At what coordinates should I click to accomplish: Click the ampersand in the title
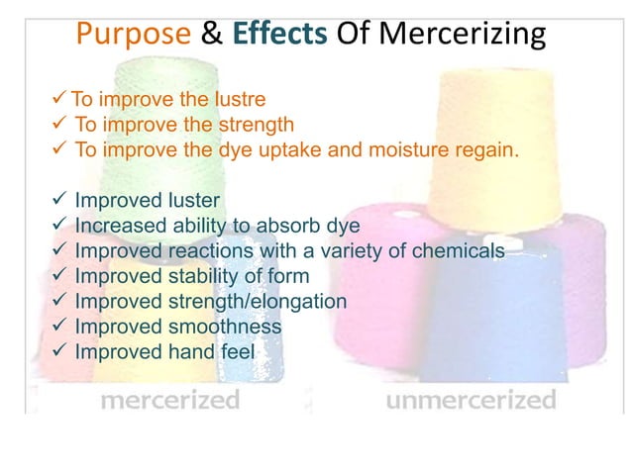click(x=212, y=36)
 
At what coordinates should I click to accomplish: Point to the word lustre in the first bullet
click(x=237, y=99)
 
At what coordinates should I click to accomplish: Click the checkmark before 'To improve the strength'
click(x=58, y=125)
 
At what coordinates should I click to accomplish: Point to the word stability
click(x=203, y=276)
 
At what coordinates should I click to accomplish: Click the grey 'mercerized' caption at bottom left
click(x=169, y=401)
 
